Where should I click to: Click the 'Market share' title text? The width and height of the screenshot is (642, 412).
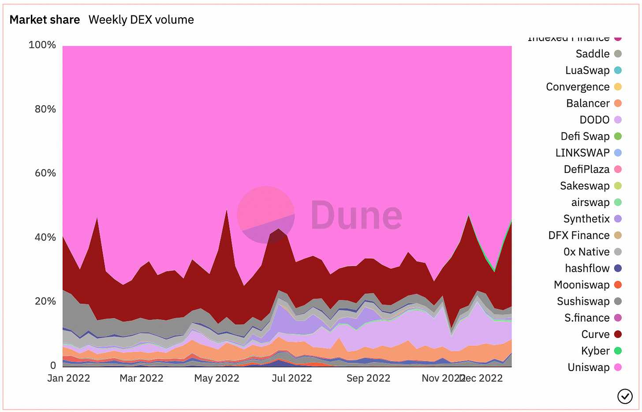coord(45,20)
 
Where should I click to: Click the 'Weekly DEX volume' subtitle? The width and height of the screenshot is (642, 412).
coord(141,20)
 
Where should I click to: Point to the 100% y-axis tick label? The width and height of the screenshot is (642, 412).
coord(42,45)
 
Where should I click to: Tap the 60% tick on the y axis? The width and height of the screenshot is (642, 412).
coord(45,173)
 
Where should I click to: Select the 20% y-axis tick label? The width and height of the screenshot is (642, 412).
coord(45,301)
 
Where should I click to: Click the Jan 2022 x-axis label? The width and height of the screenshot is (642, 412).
coord(68,378)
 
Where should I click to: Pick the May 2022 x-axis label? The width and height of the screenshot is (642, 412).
coord(216,378)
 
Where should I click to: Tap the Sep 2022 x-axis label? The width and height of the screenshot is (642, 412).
coord(368,378)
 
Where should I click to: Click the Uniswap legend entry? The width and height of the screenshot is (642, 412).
coord(589,367)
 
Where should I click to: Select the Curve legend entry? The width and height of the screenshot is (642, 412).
coord(595,334)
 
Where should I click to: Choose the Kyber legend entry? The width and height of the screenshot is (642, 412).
coord(595,351)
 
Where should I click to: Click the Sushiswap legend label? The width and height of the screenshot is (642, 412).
coord(583,301)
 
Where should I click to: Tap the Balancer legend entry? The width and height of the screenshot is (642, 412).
coord(588,103)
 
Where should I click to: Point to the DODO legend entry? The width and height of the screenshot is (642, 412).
coord(594,120)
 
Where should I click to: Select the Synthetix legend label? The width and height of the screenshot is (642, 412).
coord(586,219)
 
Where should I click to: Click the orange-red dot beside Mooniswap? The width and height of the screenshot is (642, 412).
coord(618,285)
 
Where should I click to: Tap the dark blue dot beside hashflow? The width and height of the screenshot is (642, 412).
coord(618,268)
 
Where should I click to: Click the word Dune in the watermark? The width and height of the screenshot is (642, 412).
coord(356,215)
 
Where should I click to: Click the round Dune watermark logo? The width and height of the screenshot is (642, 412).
coord(266,215)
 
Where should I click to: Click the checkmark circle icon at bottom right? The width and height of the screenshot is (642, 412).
coord(625,396)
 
